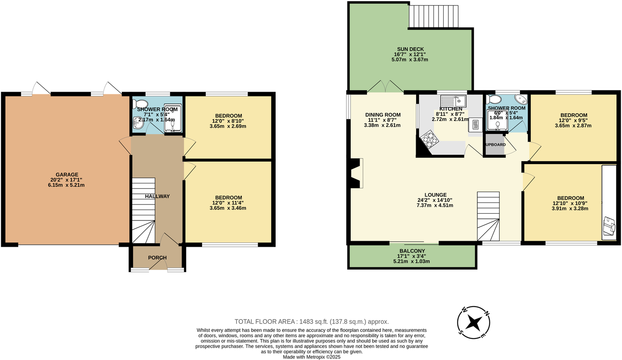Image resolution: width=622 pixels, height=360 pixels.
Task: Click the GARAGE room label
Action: point(67,174)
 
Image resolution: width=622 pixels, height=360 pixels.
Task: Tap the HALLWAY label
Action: point(157,196)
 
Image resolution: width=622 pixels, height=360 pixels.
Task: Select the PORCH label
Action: point(157,258)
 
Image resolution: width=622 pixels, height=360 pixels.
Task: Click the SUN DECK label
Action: point(411,49)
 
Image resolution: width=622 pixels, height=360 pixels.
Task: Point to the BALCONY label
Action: point(412,251)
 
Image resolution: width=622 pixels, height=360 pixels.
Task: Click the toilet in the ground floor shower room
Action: point(140,104)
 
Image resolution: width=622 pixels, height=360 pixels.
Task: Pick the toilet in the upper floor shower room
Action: point(494,99)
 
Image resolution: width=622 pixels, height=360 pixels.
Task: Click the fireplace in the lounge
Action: point(357,173)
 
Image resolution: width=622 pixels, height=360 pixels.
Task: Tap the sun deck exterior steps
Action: point(433,16)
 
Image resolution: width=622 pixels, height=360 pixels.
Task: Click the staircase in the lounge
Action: point(488,216)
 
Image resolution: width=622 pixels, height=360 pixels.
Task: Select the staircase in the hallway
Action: point(143,211)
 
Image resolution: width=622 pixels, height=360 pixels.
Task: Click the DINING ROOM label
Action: point(383,115)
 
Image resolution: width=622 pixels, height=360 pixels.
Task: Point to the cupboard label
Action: point(495,145)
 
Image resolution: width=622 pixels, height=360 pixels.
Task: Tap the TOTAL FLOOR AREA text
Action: point(311,321)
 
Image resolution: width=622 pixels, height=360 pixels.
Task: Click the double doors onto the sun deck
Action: point(385,87)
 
